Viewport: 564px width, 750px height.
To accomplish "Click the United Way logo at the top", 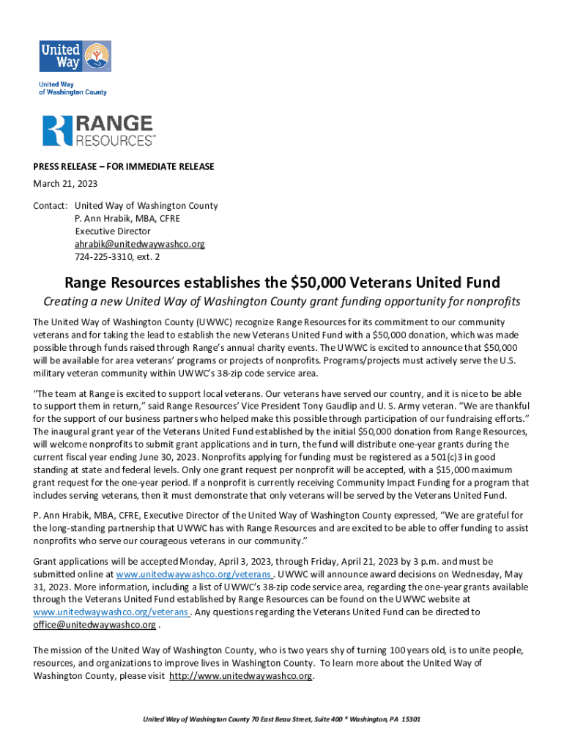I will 75,56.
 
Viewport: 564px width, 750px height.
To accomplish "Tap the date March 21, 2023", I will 65,183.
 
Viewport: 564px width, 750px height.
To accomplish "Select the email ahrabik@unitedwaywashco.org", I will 139,244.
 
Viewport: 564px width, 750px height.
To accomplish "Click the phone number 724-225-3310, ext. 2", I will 117,257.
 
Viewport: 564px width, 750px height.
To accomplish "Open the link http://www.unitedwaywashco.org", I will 242,675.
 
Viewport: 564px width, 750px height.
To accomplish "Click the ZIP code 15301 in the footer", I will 409,719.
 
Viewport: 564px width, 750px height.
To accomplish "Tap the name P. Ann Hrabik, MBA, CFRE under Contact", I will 127,219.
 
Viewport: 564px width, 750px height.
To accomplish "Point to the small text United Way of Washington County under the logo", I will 73,88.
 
